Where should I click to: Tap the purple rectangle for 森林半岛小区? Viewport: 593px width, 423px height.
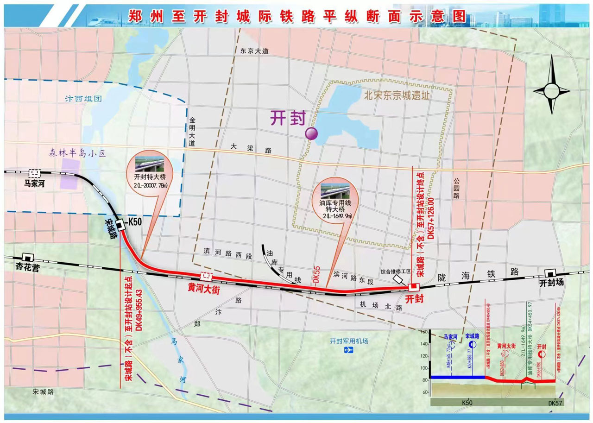pyautogui.click(x=69, y=174)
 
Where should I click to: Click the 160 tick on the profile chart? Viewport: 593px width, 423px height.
pyautogui.click(x=424, y=332)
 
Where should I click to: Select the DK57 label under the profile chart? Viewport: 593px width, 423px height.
pyautogui.click(x=555, y=403)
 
